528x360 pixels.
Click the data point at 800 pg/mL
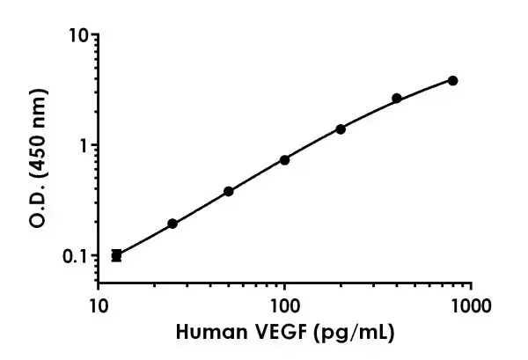coord(452,80)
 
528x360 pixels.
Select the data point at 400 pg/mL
coord(397,98)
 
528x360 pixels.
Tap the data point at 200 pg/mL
coord(341,129)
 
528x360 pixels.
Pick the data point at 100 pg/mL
coord(284,159)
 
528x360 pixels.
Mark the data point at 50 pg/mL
coord(229,191)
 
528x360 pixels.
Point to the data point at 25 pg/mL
coord(172,224)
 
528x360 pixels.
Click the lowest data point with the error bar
coord(116,255)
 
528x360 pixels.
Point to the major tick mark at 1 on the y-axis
coord(92,145)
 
